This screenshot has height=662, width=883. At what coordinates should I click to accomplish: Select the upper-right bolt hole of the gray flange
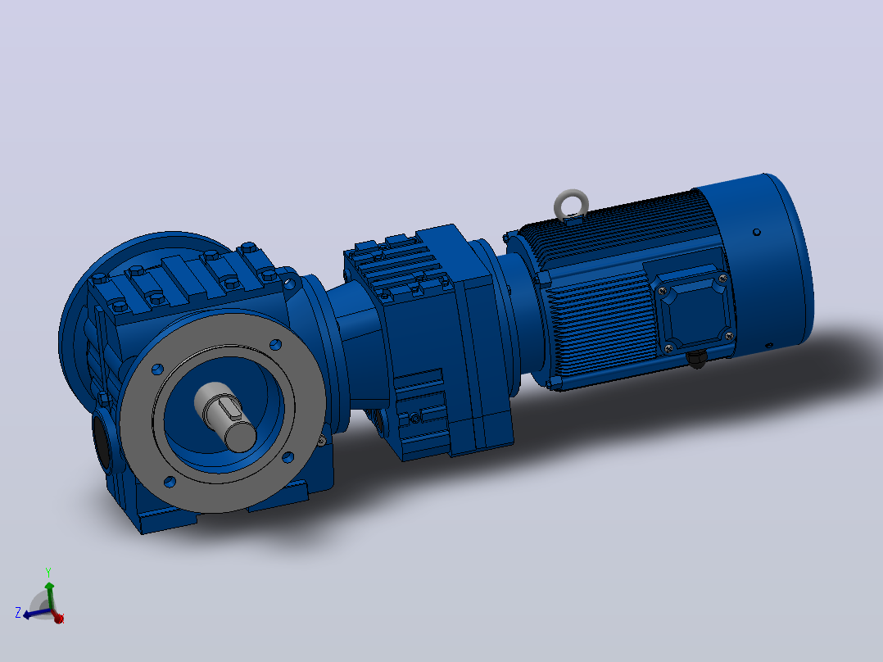click(x=275, y=344)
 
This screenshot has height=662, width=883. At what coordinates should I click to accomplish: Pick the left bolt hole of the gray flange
click(x=157, y=369)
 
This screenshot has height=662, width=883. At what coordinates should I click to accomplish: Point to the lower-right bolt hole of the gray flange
click(x=288, y=456)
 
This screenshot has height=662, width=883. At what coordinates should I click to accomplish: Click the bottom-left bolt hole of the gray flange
click(x=170, y=481)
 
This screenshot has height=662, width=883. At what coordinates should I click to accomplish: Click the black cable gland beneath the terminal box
click(x=697, y=358)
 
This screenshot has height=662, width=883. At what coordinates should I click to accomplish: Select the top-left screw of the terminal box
click(x=662, y=291)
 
